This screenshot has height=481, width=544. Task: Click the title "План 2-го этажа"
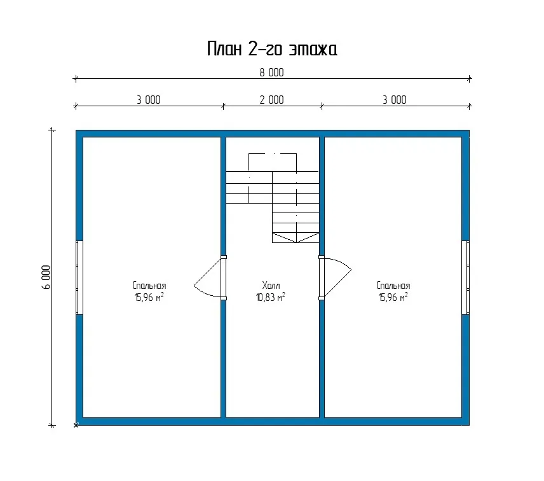click(x=272, y=48)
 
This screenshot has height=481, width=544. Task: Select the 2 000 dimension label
click(x=271, y=100)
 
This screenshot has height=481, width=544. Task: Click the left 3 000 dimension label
click(x=149, y=100)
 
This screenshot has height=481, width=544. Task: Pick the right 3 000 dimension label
click(x=395, y=100)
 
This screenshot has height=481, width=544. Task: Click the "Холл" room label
click(x=271, y=286)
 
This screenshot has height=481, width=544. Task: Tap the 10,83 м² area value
click(x=271, y=297)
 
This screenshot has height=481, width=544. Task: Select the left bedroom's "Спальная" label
click(x=149, y=286)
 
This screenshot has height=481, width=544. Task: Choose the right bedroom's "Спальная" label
click(x=393, y=286)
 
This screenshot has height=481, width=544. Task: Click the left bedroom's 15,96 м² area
click(x=149, y=297)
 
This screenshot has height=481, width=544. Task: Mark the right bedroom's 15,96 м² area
click(x=393, y=297)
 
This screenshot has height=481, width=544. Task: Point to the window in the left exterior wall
click(x=79, y=277)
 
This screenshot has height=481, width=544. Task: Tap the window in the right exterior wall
click(x=466, y=277)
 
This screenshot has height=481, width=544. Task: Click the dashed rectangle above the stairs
click(x=273, y=153)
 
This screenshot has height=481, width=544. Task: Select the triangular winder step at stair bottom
click(x=296, y=238)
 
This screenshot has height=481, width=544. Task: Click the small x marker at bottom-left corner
click(x=76, y=425)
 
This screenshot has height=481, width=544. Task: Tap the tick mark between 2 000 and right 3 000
click(x=322, y=106)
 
